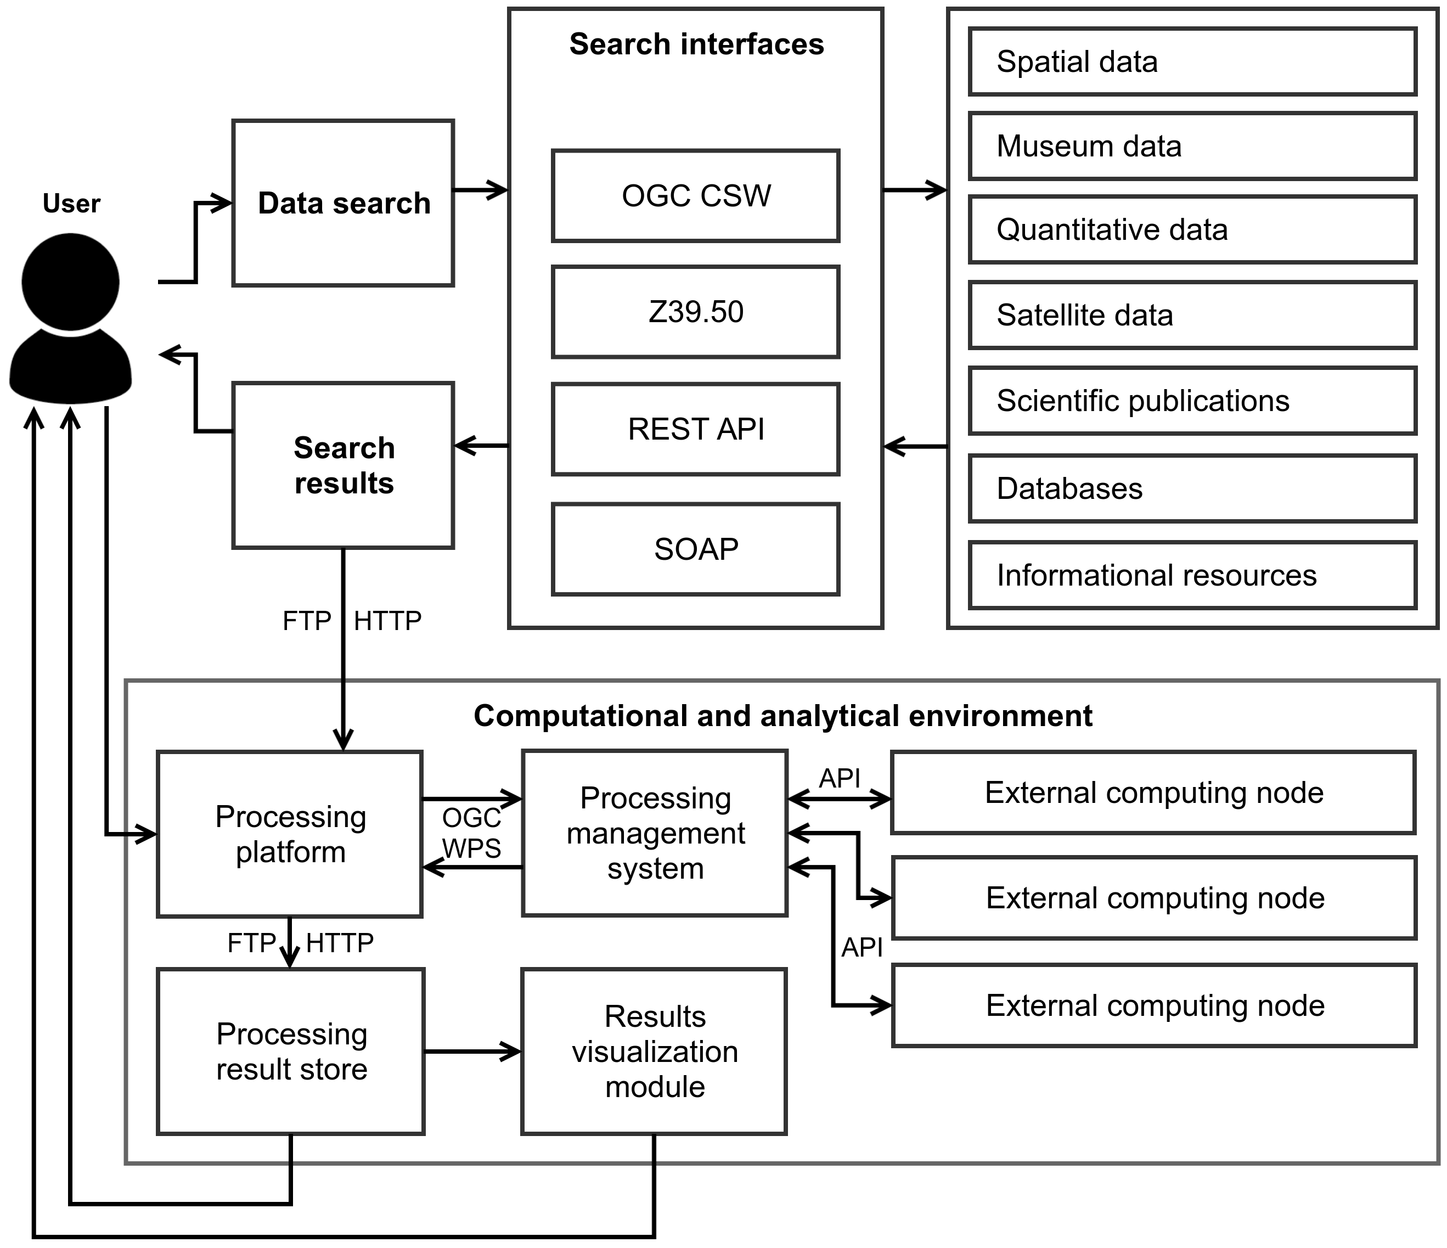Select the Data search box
pos(343,203)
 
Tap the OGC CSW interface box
pos(696,196)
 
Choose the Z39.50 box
pos(696,312)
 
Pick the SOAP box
pos(696,549)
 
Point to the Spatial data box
pos(1192,62)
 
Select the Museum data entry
pos(1192,147)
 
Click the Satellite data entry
pos(1192,316)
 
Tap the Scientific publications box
pos(1192,401)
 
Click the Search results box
pos(343,465)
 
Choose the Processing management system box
pos(655,833)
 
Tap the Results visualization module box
pos(655,1052)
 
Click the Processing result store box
pos(290,1052)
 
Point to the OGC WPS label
pos(471,833)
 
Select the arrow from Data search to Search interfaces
pos(481,190)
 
